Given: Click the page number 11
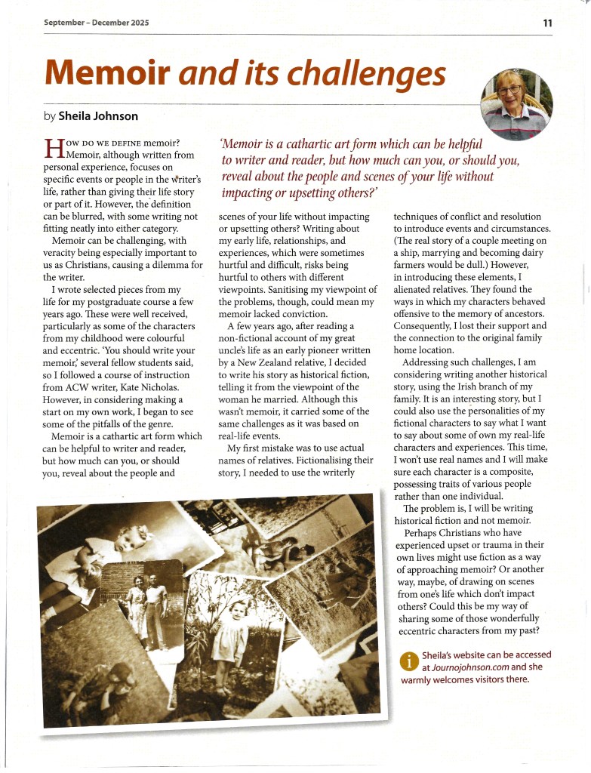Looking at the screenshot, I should click(x=546, y=23).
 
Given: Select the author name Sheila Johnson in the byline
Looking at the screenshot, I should click(x=98, y=116).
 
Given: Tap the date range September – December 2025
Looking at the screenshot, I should click(x=96, y=23).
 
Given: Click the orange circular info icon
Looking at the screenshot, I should click(x=408, y=661).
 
